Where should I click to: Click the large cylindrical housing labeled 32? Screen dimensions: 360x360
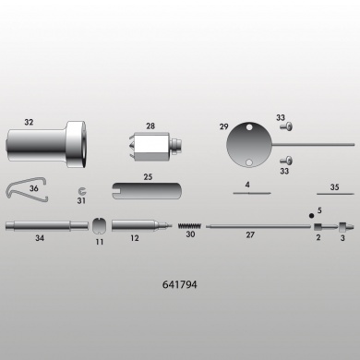(x=46, y=145)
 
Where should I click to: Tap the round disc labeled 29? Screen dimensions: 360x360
(x=249, y=145)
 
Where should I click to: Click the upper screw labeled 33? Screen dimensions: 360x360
(x=286, y=126)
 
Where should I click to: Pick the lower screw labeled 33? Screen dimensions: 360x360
(x=286, y=161)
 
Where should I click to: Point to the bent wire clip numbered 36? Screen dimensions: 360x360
(x=27, y=189)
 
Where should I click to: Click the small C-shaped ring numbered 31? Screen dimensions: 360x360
(x=82, y=191)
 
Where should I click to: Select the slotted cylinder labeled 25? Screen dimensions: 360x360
(x=147, y=191)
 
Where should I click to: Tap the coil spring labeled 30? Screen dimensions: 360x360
(x=189, y=226)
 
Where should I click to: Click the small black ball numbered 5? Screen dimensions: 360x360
(x=311, y=216)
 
